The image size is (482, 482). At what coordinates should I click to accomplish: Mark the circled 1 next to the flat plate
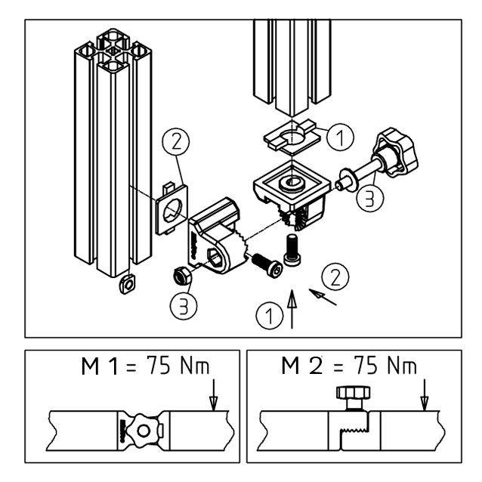click(x=341, y=137)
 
